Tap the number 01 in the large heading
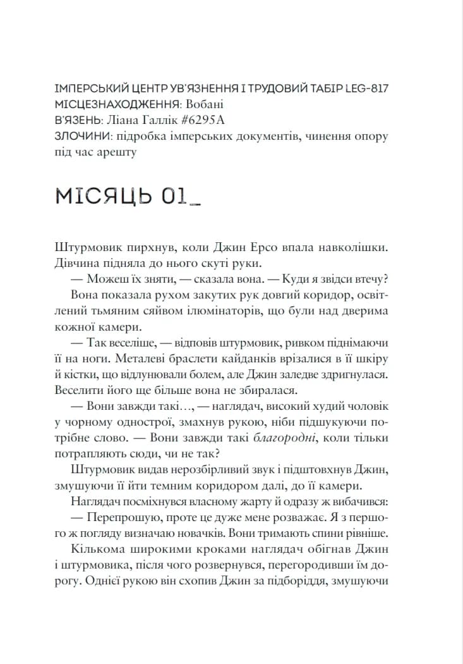click(x=174, y=195)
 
